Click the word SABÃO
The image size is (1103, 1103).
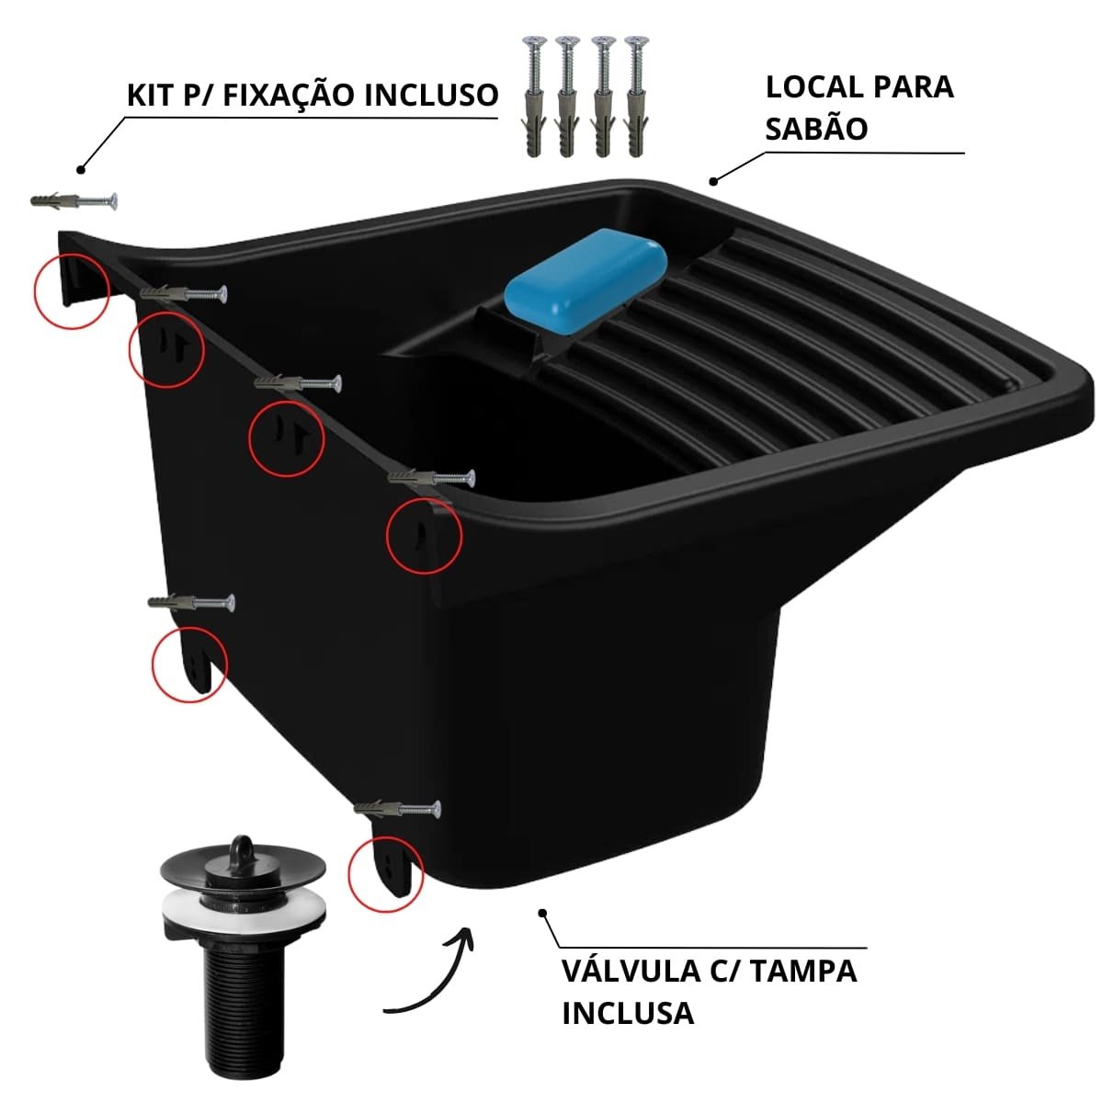click(x=816, y=129)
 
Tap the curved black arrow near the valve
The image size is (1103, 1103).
click(x=432, y=972)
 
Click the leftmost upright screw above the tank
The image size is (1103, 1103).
click(x=536, y=97)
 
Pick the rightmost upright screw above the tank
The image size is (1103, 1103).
click(x=636, y=97)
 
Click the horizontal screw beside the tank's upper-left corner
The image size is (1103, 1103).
click(x=74, y=201)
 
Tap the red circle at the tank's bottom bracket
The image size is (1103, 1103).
click(x=386, y=873)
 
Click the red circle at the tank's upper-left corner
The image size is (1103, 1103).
click(x=72, y=291)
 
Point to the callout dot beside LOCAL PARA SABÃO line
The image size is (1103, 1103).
click(x=713, y=182)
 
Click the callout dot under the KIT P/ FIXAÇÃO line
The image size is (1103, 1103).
click(x=81, y=169)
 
